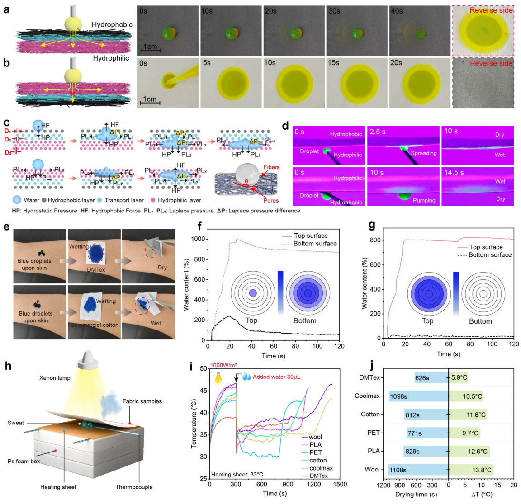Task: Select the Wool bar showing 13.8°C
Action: (x=471, y=470)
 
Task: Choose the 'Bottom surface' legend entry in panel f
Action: (x=315, y=244)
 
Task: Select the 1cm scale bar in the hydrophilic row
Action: (x=149, y=103)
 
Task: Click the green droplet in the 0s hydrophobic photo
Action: (x=170, y=33)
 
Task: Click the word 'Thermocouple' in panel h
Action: (x=134, y=487)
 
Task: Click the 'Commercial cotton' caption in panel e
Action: (x=95, y=325)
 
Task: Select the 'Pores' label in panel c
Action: (x=271, y=200)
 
